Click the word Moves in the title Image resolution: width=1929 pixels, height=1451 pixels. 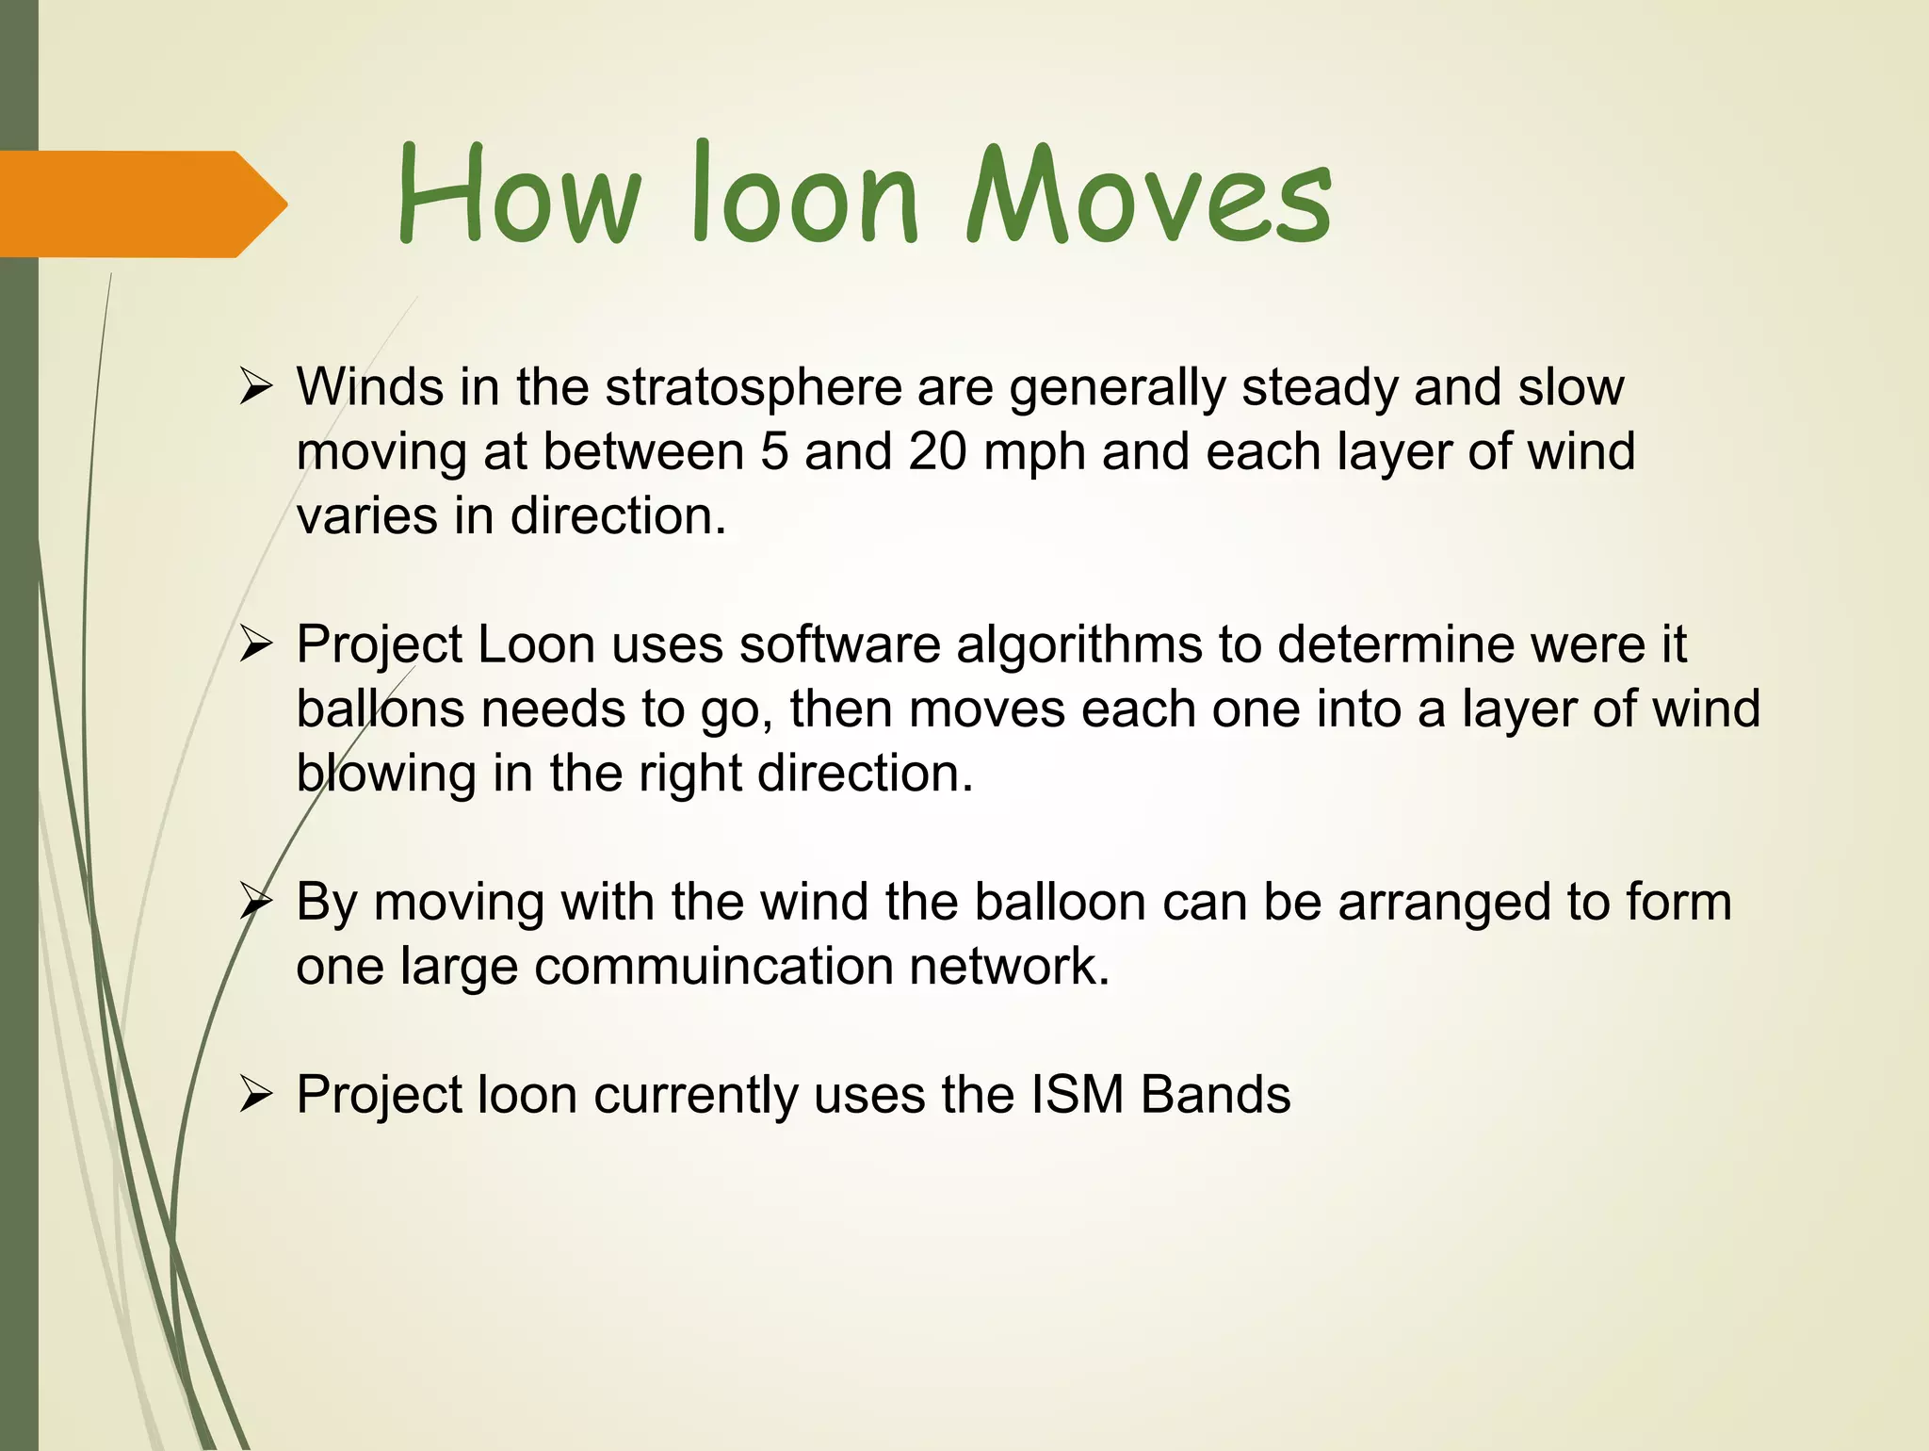click(1149, 196)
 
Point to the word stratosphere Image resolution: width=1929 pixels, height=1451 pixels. click(754, 388)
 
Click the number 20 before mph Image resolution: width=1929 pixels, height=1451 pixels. click(937, 451)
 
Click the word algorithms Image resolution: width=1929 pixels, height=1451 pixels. click(1079, 646)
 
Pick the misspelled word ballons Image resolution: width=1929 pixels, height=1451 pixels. click(381, 709)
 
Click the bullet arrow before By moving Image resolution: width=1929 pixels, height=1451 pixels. click(255, 903)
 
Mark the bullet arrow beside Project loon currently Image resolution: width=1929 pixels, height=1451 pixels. click(255, 1096)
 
